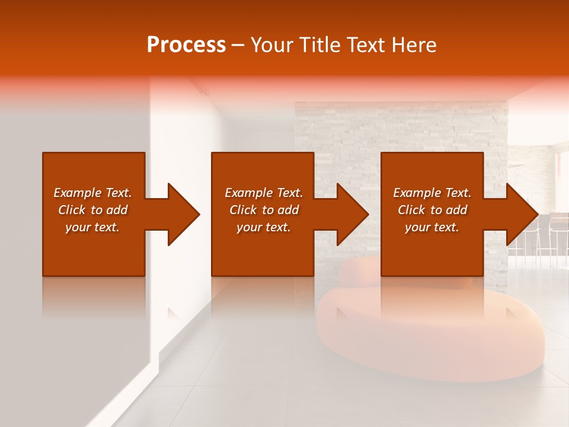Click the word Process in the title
point(186,45)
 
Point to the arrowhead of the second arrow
point(352,214)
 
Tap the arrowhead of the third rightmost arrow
point(522,214)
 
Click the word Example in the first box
point(76,193)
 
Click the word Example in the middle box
point(248,193)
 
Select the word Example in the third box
point(416,193)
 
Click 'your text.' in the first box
point(92,227)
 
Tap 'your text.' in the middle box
point(263,227)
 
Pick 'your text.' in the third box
point(432,227)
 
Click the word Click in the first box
point(72,210)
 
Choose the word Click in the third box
point(411,210)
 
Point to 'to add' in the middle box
point(280,210)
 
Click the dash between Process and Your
point(238,46)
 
